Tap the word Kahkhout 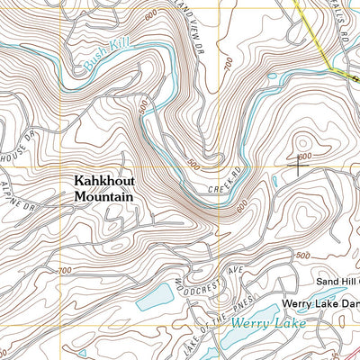pos(103,180)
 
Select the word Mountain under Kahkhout pos(103,195)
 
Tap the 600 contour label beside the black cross pos(306,156)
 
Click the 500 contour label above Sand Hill pos(301,255)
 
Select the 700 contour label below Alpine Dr pos(63,271)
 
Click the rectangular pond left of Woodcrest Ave pos(154,294)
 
